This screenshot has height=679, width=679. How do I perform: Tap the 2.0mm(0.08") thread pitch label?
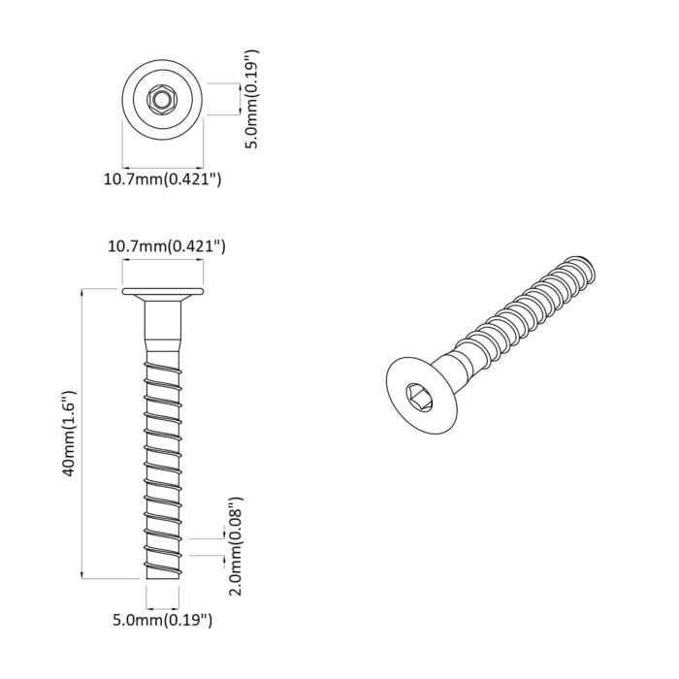tap(234, 545)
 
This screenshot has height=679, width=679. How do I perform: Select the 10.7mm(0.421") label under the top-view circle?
tap(162, 178)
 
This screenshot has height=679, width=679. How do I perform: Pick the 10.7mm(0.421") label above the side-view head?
tap(166, 246)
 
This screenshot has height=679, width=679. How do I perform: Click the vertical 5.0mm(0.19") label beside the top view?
tap(250, 100)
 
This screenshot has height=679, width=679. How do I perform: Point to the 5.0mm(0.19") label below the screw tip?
tap(162, 618)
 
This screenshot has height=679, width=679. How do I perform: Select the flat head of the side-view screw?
tap(163, 293)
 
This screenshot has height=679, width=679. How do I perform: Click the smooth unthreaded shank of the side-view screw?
tap(163, 330)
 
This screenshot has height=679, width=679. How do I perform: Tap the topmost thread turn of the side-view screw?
tap(163, 360)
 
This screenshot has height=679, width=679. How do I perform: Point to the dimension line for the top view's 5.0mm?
tap(237, 100)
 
